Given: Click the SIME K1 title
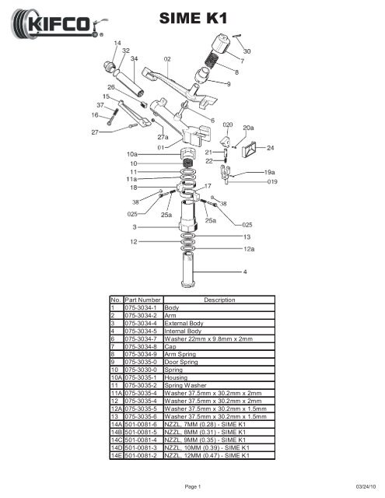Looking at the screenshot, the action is [x=193, y=18].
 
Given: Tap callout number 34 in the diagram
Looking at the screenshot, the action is [x=135, y=58].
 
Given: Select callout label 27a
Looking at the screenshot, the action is [x=163, y=137].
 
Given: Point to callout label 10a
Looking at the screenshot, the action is [x=132, y=154].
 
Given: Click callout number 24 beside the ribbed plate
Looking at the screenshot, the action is [x=270, y=148].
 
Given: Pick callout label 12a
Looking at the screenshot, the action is [x=249, y=249].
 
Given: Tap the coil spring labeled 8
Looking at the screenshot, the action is [x=211, y=60].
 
